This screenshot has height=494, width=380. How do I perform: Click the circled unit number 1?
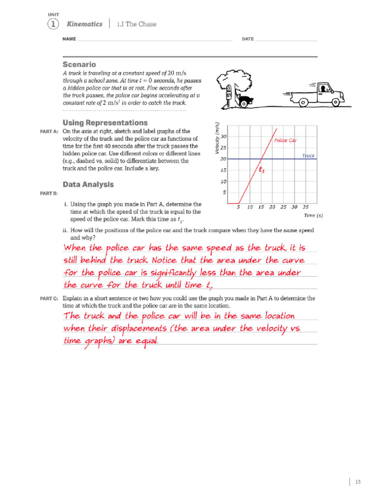(53, 24)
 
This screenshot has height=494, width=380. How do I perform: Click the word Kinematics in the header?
(85, 24)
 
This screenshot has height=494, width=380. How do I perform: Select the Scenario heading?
(79, 65)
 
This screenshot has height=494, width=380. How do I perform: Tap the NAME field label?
(69, 39)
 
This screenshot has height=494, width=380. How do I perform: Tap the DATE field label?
(248, 39)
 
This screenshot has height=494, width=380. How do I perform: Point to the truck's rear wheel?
(303, 103)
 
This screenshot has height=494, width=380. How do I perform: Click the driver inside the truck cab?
(323, 89)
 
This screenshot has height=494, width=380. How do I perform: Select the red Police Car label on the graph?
(285, 140)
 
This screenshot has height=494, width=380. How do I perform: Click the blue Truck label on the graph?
(308, 155)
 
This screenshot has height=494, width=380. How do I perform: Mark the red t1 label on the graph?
(262, 170)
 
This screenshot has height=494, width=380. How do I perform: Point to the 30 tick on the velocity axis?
(224, 136)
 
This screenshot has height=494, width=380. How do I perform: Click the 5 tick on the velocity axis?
(224, 192)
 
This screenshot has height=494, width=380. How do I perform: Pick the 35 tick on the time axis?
(305, 207)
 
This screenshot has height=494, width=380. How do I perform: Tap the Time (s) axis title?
(313, 216)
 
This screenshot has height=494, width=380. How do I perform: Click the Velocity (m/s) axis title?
(217, 138)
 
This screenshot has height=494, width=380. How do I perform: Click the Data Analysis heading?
(88, 184)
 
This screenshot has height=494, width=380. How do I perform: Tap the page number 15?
(358, 482)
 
